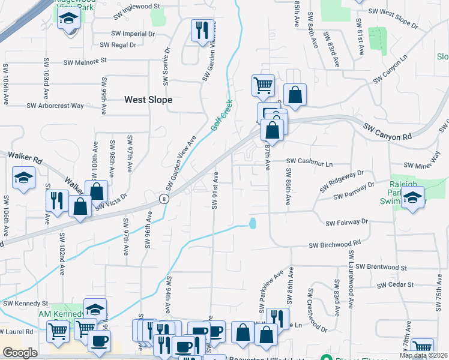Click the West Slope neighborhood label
pyautogui.click(x=148, y=100)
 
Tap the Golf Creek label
pyautogui.click(x=221, y=115)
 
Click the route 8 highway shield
pyautogui.click(x=163, y=199)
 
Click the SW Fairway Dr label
pyautogui.click(x=346, y=222)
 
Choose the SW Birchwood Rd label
pyautogui.click(x=334, y=245)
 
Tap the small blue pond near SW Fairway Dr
pyautogui.click(x=253, y=224)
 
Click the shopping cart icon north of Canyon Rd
pyautogui.click(x=263, y=85)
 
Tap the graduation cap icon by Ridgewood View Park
pyautogui.click(x=69, y=17)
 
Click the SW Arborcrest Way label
pyautogui.click(x=55, y=106)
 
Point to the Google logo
pyautogui.click(x=20, y=353)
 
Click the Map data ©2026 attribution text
pyautogui.click(x=423, y=355)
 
